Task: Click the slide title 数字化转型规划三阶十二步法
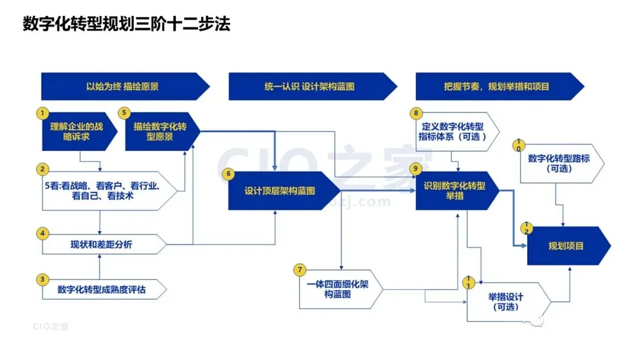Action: pyautogui.click(x=126, y=25)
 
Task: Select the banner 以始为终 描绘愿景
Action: pyautogui.click(x=122, y=86)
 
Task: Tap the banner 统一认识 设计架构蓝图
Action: pyautogui.click(x=309, y=86)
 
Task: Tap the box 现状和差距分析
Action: pyautogui.click(x=101, y=244)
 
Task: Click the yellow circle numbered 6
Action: pyautogui.click(x=227, y=173)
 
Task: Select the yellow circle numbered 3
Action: pyautogui.click(x=42, y=278)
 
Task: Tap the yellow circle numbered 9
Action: pyautogui.click(x=416, y=168)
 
